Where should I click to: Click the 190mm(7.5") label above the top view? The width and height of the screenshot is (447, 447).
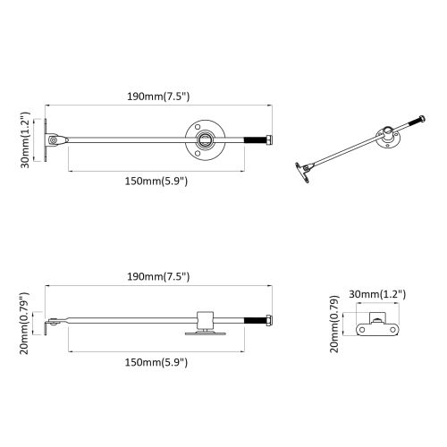(x=158, y=97)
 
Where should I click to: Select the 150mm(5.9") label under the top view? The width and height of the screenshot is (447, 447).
(x=156, y=181)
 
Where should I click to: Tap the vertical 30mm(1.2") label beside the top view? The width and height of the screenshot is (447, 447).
(x=26, y=140)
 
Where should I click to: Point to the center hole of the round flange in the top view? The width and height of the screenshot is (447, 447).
(x=205, y=139)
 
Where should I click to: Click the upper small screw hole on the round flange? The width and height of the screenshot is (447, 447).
(x=197, y=126)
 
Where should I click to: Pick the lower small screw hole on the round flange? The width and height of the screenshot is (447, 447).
(x=197, y=153)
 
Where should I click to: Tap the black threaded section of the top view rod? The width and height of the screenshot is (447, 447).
(x=255, y=139)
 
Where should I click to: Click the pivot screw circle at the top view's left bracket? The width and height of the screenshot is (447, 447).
(x=54, y=139)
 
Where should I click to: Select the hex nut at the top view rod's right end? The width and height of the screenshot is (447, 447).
(x=269, y=139)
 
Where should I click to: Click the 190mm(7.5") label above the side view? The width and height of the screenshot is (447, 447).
(x=158, y=277)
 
